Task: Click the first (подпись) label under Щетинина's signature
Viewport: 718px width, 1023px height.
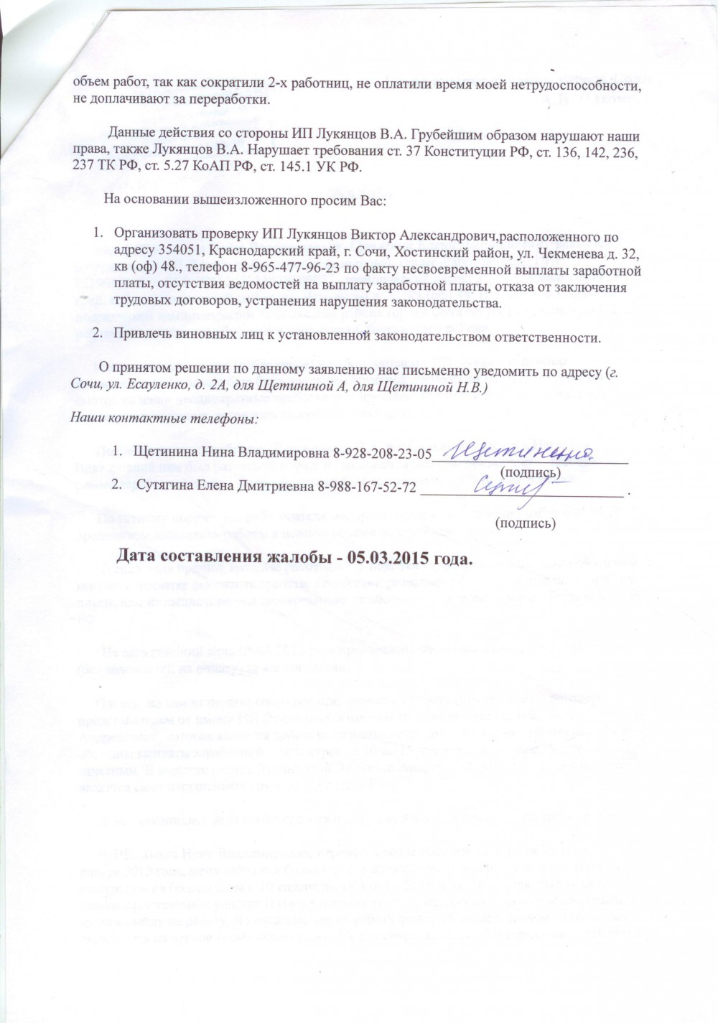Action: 529,472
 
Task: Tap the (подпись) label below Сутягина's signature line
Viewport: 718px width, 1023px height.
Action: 526,523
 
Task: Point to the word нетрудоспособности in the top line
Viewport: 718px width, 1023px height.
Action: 579,83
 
